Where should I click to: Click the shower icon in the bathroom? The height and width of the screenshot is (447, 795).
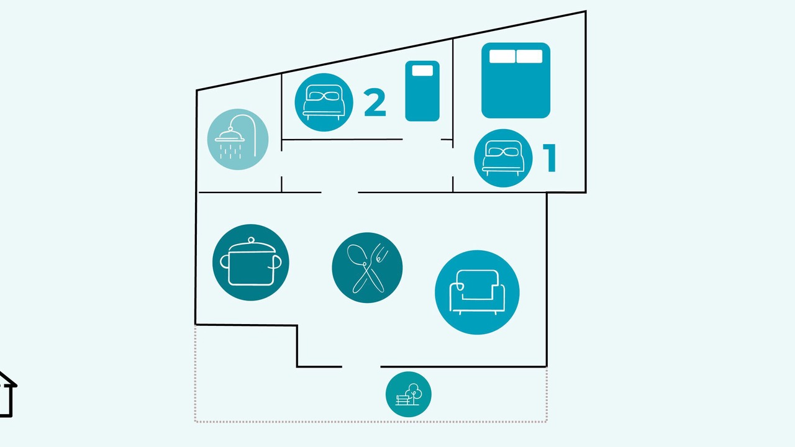click(238, 139)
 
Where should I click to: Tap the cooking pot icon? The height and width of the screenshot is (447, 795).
click(250, 262)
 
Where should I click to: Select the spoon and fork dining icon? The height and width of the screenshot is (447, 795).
click(367, 268)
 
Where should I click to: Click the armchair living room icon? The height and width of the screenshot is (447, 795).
click(477, 292)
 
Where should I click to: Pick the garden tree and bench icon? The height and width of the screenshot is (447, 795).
click(409, 394)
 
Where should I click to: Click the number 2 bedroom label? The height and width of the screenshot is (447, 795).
click(375, 102)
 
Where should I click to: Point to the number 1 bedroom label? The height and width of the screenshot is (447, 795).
click(550, 158)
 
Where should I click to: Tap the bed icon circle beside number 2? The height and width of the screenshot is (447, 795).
click(324, 102)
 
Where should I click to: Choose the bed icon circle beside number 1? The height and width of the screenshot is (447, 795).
click(503, 158)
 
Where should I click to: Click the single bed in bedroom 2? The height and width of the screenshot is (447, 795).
click(422, 91)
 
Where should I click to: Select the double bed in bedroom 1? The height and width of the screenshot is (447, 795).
click(516, 80)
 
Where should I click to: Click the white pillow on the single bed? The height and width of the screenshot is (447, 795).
click(422, 70)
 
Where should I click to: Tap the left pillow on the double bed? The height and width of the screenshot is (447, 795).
click(502, 56)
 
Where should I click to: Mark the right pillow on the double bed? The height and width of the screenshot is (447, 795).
click(529, 56)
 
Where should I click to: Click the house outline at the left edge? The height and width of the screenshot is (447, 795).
click(7, 394)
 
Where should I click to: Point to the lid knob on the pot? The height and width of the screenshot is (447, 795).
click(252, 240)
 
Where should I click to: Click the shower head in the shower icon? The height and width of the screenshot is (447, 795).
click(230, 136)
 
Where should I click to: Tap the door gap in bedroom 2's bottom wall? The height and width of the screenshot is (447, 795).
click(422, 140)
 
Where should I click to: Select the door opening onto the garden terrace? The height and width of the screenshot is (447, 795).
click(361, 366)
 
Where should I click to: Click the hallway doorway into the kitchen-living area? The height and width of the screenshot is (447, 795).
click(340, 192)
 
